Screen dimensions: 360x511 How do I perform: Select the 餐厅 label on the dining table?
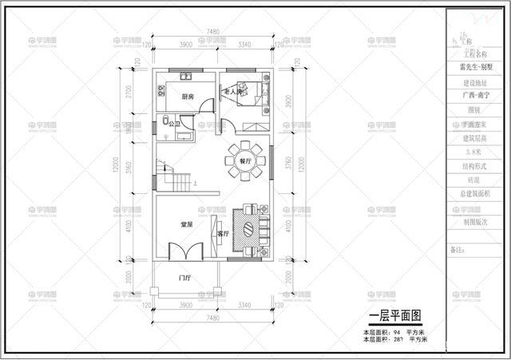point(244,160)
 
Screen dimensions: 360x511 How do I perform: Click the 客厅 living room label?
point(224,234)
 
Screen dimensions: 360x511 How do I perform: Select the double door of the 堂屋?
point(185,249)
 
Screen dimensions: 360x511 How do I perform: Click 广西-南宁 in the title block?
point(469,96)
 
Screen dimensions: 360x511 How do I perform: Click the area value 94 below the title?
point(396,330)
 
